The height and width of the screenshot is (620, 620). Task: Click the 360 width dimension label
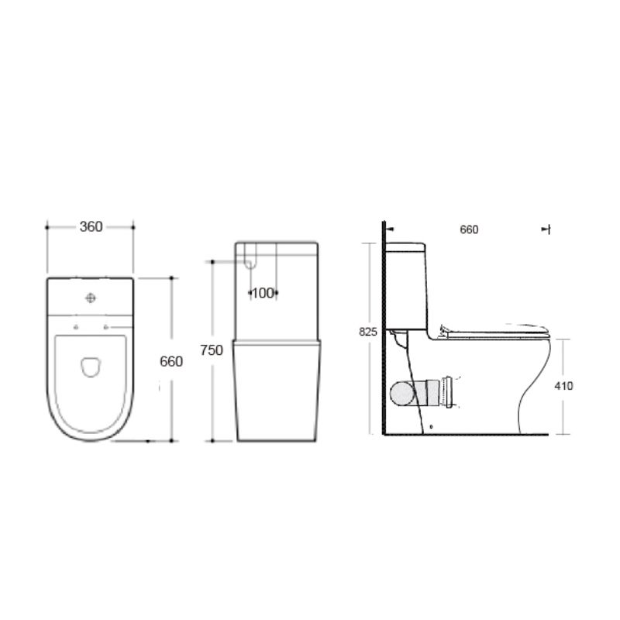91,227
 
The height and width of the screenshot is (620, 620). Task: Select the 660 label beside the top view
170,361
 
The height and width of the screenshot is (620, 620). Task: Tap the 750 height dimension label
212,350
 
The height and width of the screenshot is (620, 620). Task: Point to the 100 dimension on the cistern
263,293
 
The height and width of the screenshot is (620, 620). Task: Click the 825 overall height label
368,332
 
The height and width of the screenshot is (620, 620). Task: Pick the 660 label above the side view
469,229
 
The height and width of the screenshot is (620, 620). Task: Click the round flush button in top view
91,297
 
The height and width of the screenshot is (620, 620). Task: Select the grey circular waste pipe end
402,393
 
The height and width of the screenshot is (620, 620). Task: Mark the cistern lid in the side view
406,246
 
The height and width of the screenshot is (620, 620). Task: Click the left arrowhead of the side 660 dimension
389,229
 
